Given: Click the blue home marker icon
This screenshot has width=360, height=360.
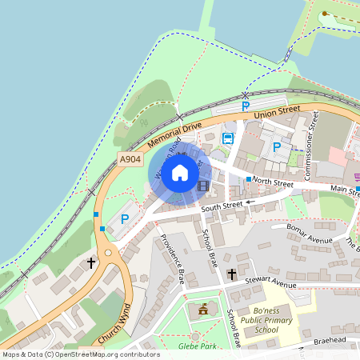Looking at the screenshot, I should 180,173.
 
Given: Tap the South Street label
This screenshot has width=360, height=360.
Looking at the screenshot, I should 222,207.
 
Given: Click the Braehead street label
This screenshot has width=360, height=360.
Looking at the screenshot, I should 330,339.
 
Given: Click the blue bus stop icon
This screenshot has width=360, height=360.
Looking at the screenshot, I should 227,138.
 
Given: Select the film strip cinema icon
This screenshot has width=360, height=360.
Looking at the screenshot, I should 202,186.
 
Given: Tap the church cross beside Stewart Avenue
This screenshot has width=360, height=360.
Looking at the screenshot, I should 232,274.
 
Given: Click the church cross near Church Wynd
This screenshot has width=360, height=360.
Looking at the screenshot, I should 91,262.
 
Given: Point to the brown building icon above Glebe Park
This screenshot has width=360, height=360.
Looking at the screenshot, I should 202,309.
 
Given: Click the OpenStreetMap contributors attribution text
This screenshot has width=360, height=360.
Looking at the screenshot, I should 80,354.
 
